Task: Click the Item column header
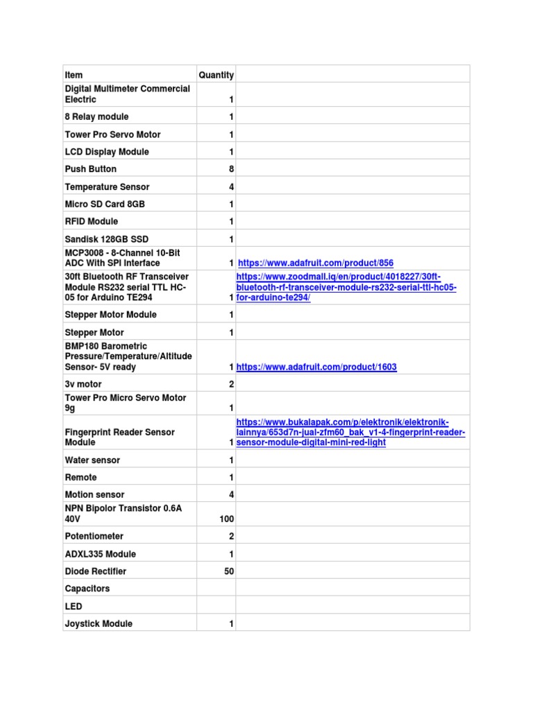click(74, 75)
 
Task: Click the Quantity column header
click(216, 75)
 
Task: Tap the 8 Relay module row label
click(96, 116)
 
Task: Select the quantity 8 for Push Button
click(231, 169)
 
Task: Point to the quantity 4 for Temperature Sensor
click(231, 187)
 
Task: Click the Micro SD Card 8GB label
click(105, 204)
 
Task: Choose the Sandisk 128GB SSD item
click(107, 239)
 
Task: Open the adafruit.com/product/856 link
click(316, 263)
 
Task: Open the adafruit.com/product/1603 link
click(316, 367)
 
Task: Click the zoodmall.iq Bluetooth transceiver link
click(346, 287)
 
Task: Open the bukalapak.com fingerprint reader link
click(350, 432)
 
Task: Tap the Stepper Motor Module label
click(111, 315)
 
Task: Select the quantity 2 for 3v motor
click(231, 384)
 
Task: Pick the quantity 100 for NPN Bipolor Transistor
click(226, 519)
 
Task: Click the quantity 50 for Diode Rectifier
click(228, 571)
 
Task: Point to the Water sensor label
click(92, 460)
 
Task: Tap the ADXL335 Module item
click(100, 554)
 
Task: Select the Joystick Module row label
click(99, 624)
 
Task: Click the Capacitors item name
click(87, 589)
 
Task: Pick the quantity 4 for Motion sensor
click(231, 495)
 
